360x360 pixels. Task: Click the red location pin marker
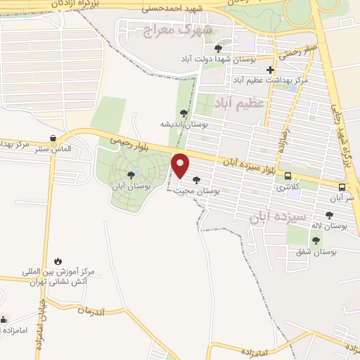click(x=181, y=165)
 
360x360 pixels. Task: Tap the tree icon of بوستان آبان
click(x=131, y=175)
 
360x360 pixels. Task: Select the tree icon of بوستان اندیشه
click(x=184, y=112)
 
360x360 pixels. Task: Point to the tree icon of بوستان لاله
click(x=329, y=215)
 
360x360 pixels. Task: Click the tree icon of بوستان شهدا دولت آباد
click(x=218, y=48)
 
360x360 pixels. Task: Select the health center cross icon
click(x=271, y=69)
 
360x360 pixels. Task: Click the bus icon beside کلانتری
click(x=288, y=176)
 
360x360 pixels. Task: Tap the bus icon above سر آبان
click(x=342, y=187)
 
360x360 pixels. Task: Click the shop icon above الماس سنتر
click(x=53, y=138)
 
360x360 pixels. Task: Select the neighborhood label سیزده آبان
click(x=278, y=217)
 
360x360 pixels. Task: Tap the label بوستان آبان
click(x=131, y=187)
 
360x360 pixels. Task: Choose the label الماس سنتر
click(x=54, y=149)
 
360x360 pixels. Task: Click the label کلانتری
click(x=287, y=188)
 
